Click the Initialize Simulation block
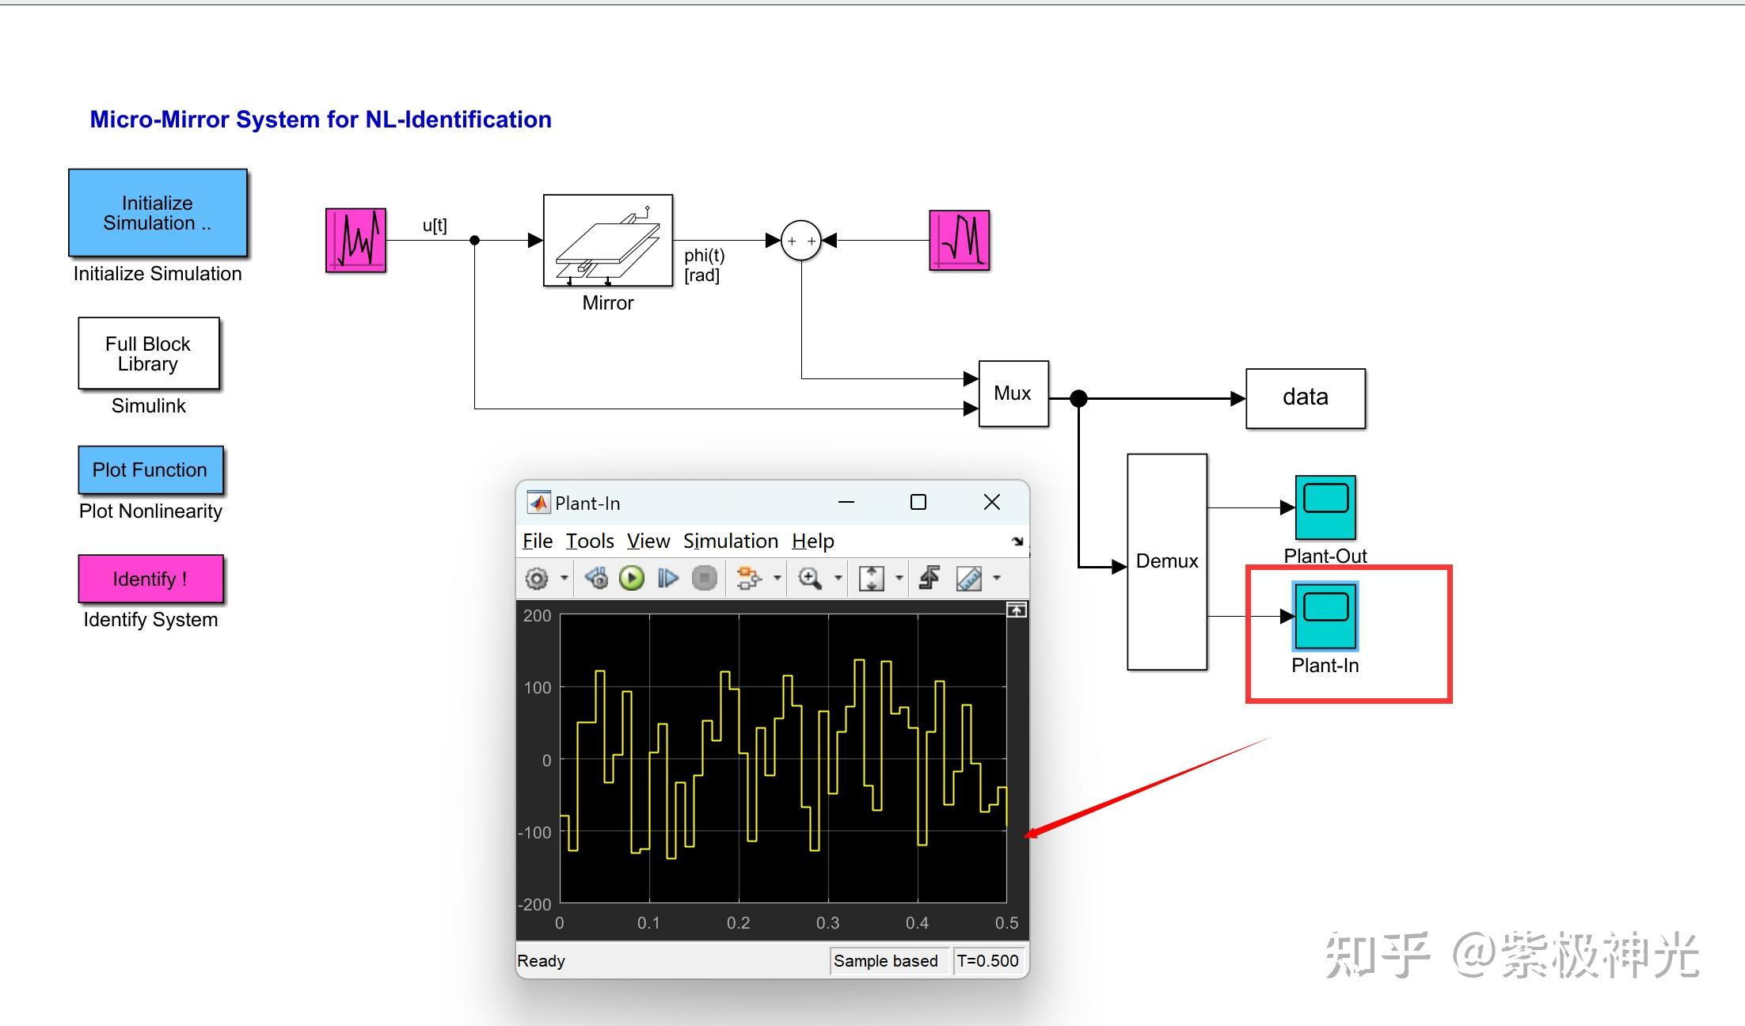click(158, 213)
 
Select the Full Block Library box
click(148, 353)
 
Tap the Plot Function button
click(150, 469)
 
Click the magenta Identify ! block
click(150, 579)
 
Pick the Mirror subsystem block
click(608, 241)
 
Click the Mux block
click(1013, 393)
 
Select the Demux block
click(1167, 562)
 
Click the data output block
click(1306, 398)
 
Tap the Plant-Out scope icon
click(1325, 507)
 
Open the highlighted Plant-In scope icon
click(1325, 616)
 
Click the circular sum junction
click(801, 241)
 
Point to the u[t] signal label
click(435, 226)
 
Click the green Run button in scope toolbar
click(632, 578)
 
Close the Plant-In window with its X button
click(992, 502)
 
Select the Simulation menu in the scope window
click(731, 541)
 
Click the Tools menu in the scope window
click(590, 541)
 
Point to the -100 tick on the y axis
click(534, 832)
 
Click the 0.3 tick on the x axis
click(828, 923)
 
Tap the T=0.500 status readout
click(988, 961)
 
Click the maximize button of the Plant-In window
click(918, 502)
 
